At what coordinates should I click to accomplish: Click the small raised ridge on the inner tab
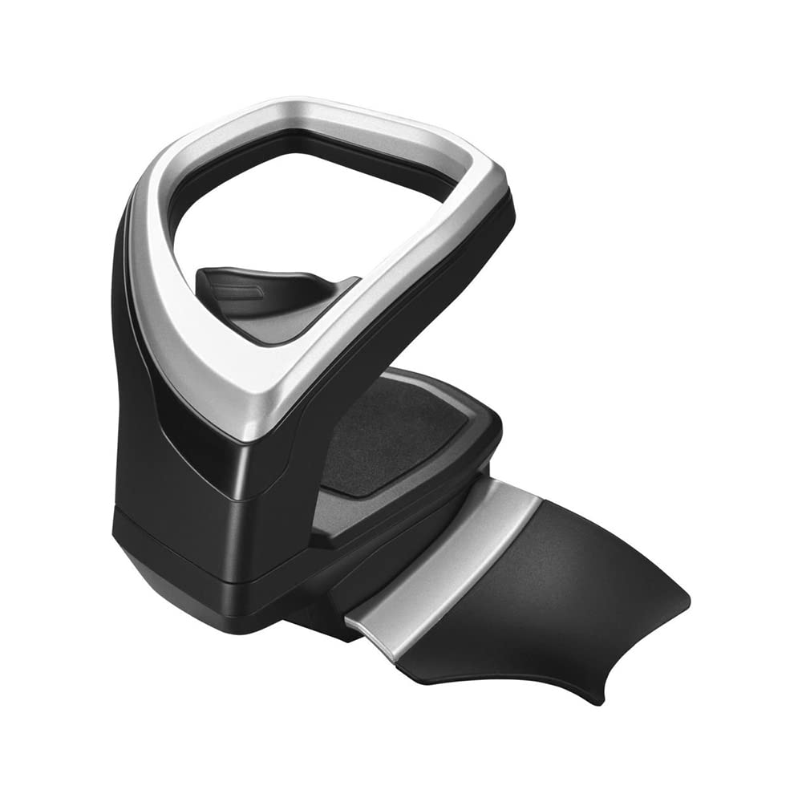pos(237,289)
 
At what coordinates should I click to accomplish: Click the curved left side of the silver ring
pos(156,265)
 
